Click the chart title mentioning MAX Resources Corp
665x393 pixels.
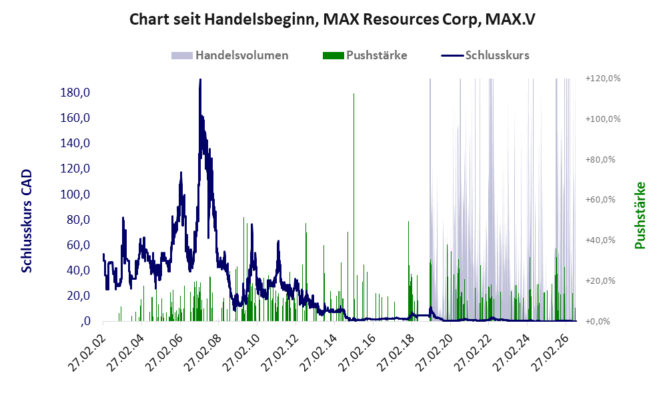pos(332,19)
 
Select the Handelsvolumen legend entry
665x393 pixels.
pos(230,55)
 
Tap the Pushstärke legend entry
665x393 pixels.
pos(365,55)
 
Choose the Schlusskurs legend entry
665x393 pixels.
pos(485,55)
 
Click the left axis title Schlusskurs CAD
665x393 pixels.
pos(27,221)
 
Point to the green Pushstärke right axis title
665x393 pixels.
pos(640,216)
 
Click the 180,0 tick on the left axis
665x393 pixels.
pos(75,93)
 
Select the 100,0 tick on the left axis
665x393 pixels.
pos(75,195)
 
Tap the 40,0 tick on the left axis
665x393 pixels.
pos(79,270)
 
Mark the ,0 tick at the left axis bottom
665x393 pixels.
pos(85,322)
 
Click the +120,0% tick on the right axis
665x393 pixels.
pos(603,79)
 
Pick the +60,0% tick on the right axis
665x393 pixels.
pos(600,199)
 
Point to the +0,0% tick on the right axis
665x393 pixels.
pos(598,322)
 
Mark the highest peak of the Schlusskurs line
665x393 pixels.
pos(200,80)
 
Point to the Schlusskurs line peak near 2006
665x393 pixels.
pos(181,173)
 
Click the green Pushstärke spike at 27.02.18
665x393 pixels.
pos(408,271)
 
